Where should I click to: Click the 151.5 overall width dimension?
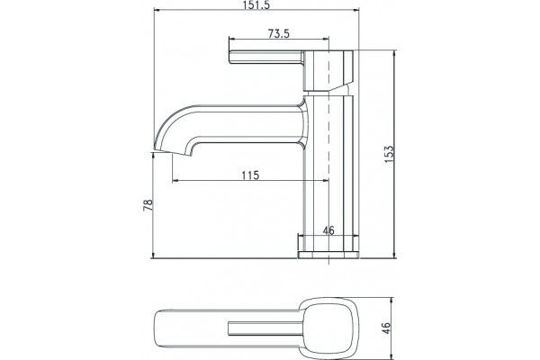click(256, 5)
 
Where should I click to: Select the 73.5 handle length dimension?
click(279, 33)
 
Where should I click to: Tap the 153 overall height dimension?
click(389, 154)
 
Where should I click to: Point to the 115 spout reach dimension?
click(250, 175)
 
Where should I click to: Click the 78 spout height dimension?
click(148, 205)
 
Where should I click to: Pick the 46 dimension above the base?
click(328, 230)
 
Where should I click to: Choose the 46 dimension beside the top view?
click(387, 328)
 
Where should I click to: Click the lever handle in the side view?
click(266, 58)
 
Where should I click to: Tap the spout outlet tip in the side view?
click(171, 153)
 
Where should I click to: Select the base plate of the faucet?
click(328, 255)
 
